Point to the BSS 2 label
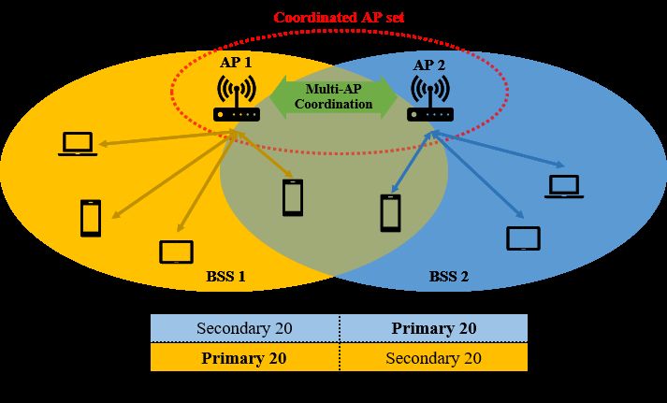click(450, 276)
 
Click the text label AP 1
click(235, 63)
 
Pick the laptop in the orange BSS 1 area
click(77, 143)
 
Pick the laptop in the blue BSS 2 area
click(564, 186)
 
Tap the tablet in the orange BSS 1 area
click(176, 252)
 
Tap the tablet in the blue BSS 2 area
click(523, 238)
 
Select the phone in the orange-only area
click(91, 218)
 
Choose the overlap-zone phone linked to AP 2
click(391, 212)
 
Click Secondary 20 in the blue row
click(244, 328)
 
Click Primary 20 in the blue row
click(433, 328)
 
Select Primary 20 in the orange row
click(244, 357)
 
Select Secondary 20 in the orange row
click(433, 357)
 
